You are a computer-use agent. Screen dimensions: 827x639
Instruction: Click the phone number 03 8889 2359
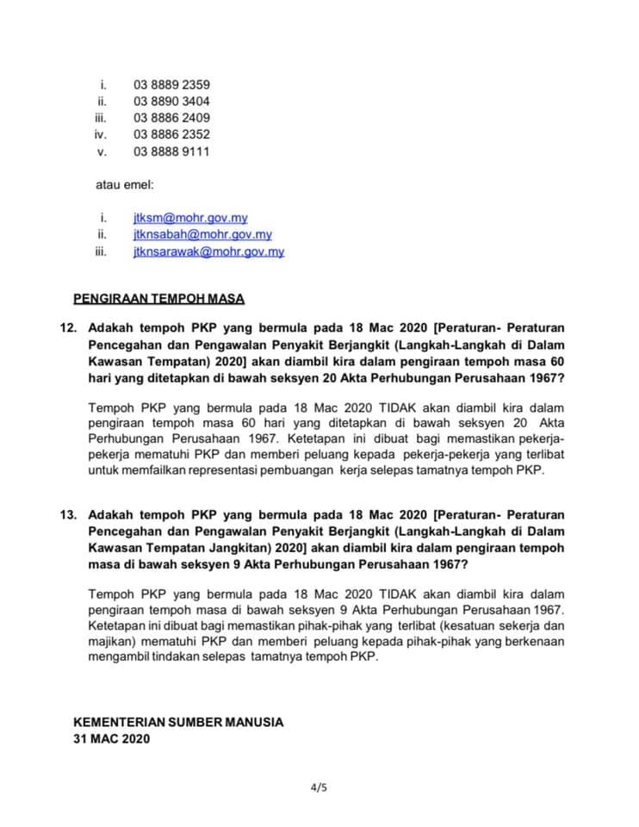point(171,84)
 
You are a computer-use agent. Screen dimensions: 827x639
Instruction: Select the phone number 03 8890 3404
point(171,101)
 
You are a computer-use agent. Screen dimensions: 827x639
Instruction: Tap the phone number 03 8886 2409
point(171,117)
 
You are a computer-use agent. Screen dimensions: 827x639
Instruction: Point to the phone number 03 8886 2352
point(171,134)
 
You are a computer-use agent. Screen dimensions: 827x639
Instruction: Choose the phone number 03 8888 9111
point(171,151)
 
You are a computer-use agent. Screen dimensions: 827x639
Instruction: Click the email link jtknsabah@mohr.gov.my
point(202,234)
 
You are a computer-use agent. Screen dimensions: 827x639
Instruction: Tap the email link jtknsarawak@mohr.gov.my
point(208,252)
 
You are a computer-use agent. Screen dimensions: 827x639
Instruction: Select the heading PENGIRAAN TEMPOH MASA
point(159,299)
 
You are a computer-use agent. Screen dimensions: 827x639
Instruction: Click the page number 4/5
point(319,787)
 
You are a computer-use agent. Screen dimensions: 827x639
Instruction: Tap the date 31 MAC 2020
point(111,738)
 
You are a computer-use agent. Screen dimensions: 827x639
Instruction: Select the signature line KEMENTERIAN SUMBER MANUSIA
point(178,722)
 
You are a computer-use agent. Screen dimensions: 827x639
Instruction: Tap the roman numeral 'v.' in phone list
point(102,151)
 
